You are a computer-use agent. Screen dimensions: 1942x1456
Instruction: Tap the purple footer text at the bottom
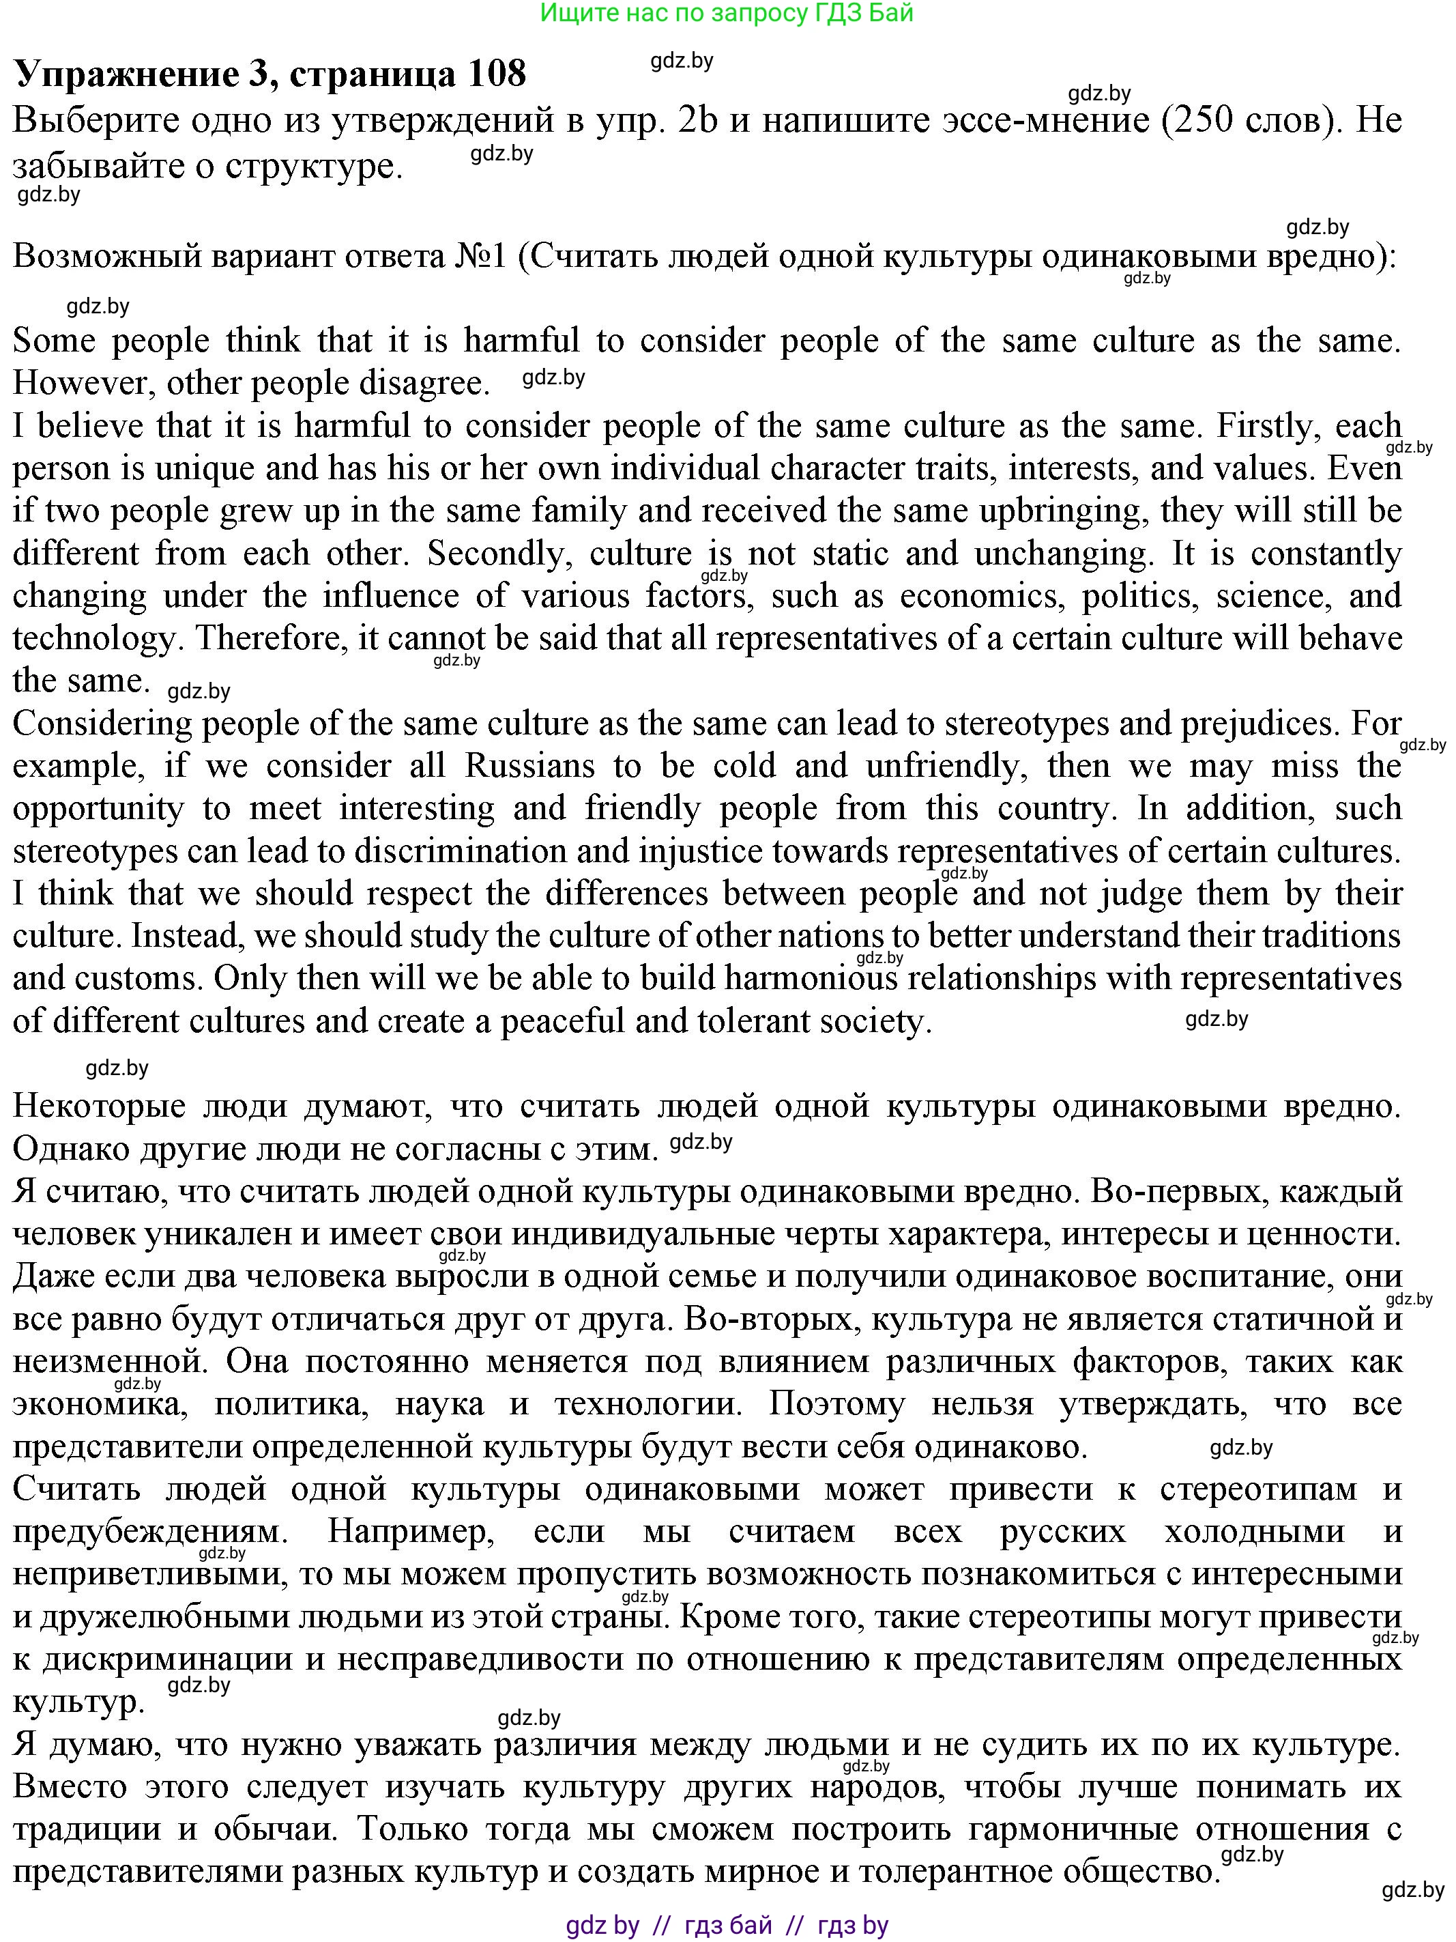[x=727, y=1926]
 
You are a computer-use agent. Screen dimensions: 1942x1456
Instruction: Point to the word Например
[x=411, y=1532]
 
